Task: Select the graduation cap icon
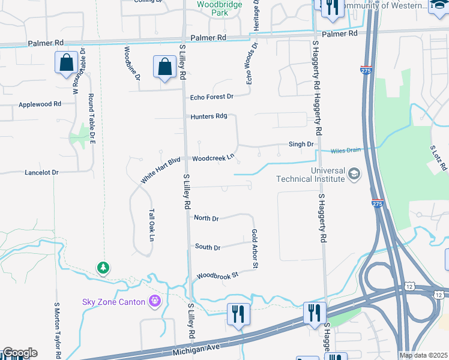[x=354, y=174]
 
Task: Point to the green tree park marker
[x=104, y=267]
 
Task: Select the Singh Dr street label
[x=301, y=144]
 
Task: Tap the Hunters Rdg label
[x=208, y=116]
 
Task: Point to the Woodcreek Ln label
[x=212, y=158]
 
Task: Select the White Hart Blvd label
[x=160, y=170]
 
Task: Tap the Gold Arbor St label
[x=255, y=248]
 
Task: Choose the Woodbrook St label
[x=217, y=275]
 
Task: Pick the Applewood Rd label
[x=40, y=104]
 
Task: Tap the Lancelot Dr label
[x=41, y=172]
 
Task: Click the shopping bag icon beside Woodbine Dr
[x=164, y=68]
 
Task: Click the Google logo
[x=20, y=353]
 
